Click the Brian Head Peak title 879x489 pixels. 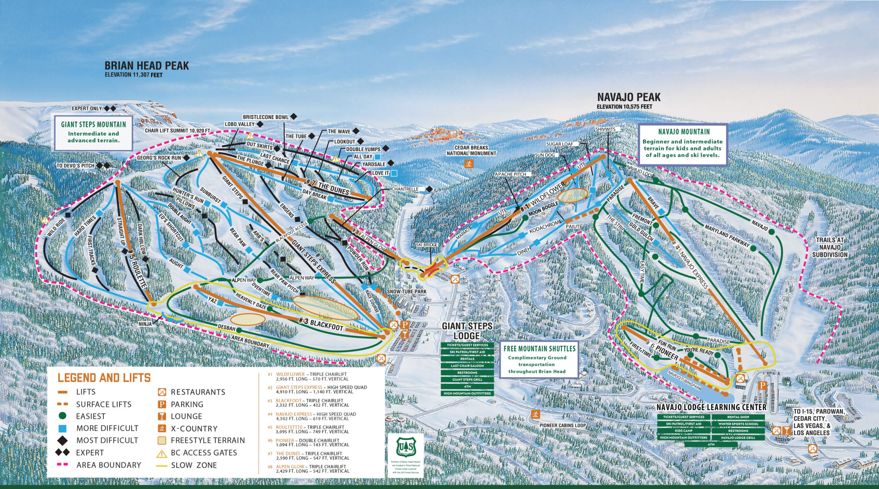pos(147,66)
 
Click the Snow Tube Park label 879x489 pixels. pos(407,291)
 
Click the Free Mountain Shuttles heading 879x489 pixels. pos(539,348)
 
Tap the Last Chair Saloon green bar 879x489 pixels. pos(467,366)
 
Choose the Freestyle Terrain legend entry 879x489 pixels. pos(208,440)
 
